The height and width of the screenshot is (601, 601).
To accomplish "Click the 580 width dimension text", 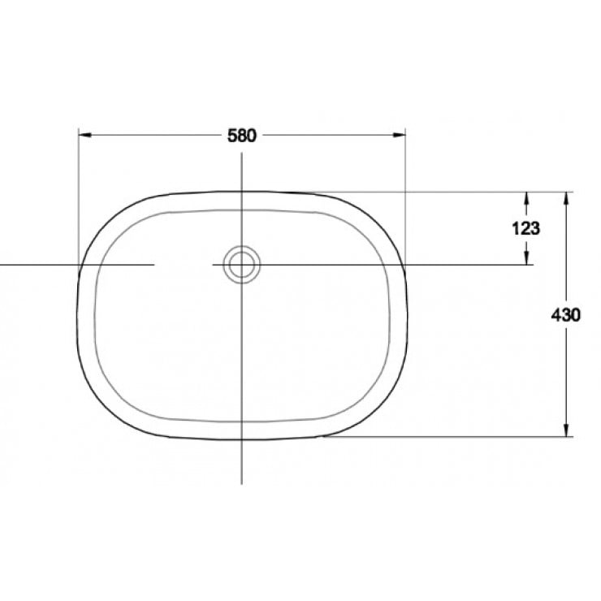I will (241, 136).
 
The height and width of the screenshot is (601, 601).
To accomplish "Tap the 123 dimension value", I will (526, 228).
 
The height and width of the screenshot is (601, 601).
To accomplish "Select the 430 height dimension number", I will (565, 315).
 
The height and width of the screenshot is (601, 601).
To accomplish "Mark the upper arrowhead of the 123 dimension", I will (527, 197).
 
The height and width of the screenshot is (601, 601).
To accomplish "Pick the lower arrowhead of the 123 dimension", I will (527, 259).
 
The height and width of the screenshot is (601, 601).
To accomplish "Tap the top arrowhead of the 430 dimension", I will (566, 197).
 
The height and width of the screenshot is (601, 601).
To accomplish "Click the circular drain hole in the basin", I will (241, 265).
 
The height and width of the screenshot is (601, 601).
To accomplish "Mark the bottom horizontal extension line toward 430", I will (447, 437).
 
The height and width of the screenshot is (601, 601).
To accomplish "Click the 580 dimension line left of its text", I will (154, 136).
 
